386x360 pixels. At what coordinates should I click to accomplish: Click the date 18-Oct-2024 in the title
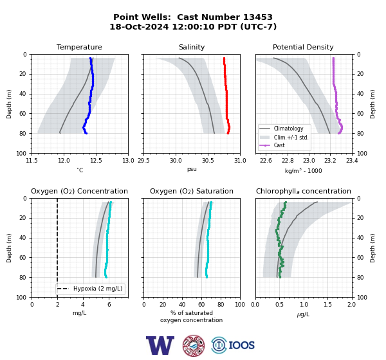[140, 26]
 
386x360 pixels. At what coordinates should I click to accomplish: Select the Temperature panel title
[79, 47]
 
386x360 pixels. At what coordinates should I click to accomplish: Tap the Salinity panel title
[192, 47]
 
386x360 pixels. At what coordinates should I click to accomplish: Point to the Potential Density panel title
[303, 47]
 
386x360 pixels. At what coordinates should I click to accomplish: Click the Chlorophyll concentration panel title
[303, 191]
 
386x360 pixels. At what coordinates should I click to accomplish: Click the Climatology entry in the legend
[288, 129]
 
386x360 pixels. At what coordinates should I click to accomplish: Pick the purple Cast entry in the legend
[279, 145]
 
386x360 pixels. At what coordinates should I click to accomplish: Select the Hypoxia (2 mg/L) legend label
[98, 289]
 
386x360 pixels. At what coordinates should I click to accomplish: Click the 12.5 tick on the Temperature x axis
[96, 161]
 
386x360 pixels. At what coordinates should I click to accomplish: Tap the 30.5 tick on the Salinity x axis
[208, 161]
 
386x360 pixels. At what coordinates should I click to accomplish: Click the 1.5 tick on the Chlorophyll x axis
[327, 305]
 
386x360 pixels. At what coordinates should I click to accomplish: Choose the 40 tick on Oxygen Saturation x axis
[182, 305]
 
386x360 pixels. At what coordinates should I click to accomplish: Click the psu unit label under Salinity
[192, 169]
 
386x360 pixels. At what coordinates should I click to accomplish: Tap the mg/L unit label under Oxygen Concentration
[79, 313]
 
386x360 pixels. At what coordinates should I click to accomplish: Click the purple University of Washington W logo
[160, 345]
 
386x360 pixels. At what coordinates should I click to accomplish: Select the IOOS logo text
[241, 345]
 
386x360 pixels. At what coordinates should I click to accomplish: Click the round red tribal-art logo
[194, 345]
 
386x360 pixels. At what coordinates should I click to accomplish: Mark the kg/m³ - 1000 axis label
[303, 170]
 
